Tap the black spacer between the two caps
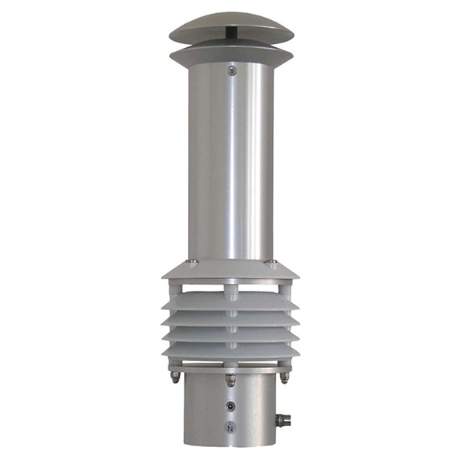coord(232,34)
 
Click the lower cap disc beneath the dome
coord(231,55)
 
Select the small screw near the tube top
coord(231,71)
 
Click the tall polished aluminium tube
coord(231,162)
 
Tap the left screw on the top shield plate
coord(193,262)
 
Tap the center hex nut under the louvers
coord(230,380)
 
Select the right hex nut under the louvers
coord(285,376)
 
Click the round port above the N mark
coord(230,405)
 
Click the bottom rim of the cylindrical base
coord(231,445)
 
